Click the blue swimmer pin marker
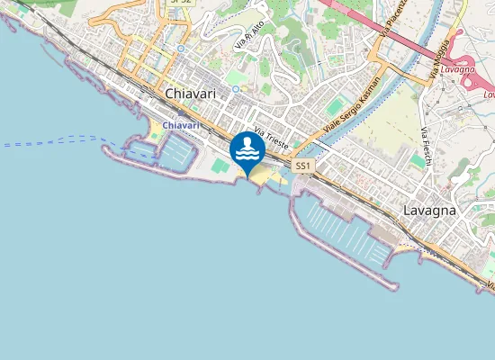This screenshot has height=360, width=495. [x=247, y=149]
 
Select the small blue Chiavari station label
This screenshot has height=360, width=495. [x=181, y=125]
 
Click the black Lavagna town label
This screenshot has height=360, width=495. [x=429, y=210]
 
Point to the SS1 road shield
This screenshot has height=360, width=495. [x=302, y=166]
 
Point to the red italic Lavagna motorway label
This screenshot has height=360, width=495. [x=457, y=69]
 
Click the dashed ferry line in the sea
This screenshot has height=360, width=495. [x=54, y=141]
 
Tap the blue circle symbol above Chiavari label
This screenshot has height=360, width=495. [x=181, y=49]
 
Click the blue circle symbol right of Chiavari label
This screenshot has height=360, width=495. [x=235, y=89]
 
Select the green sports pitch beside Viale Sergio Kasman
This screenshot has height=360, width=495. [x=334, y=107]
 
